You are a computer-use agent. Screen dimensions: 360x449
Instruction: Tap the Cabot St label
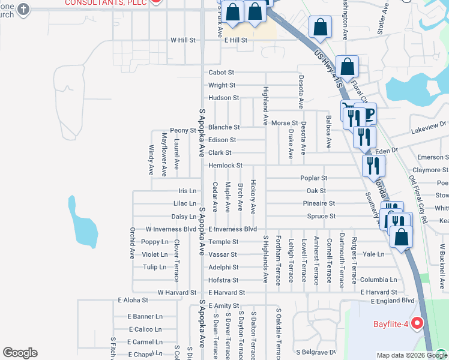tap(221, 73)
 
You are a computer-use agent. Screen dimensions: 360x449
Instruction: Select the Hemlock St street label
tap(225, 166)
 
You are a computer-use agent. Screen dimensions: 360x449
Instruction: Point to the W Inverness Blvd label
tap(171, 229)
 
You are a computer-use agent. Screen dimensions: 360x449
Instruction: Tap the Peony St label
tap(183, 130)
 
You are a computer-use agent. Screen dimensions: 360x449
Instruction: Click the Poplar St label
tap(313, 178)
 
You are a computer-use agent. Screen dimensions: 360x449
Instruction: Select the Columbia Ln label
tap(378, 280)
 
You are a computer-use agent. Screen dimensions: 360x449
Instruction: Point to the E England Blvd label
tap(393, 301)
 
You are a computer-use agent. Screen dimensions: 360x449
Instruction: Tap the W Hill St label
tap(183, 40)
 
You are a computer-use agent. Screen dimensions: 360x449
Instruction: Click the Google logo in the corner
tap(19, 353)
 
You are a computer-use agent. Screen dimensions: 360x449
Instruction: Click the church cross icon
tap(23, 9)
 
